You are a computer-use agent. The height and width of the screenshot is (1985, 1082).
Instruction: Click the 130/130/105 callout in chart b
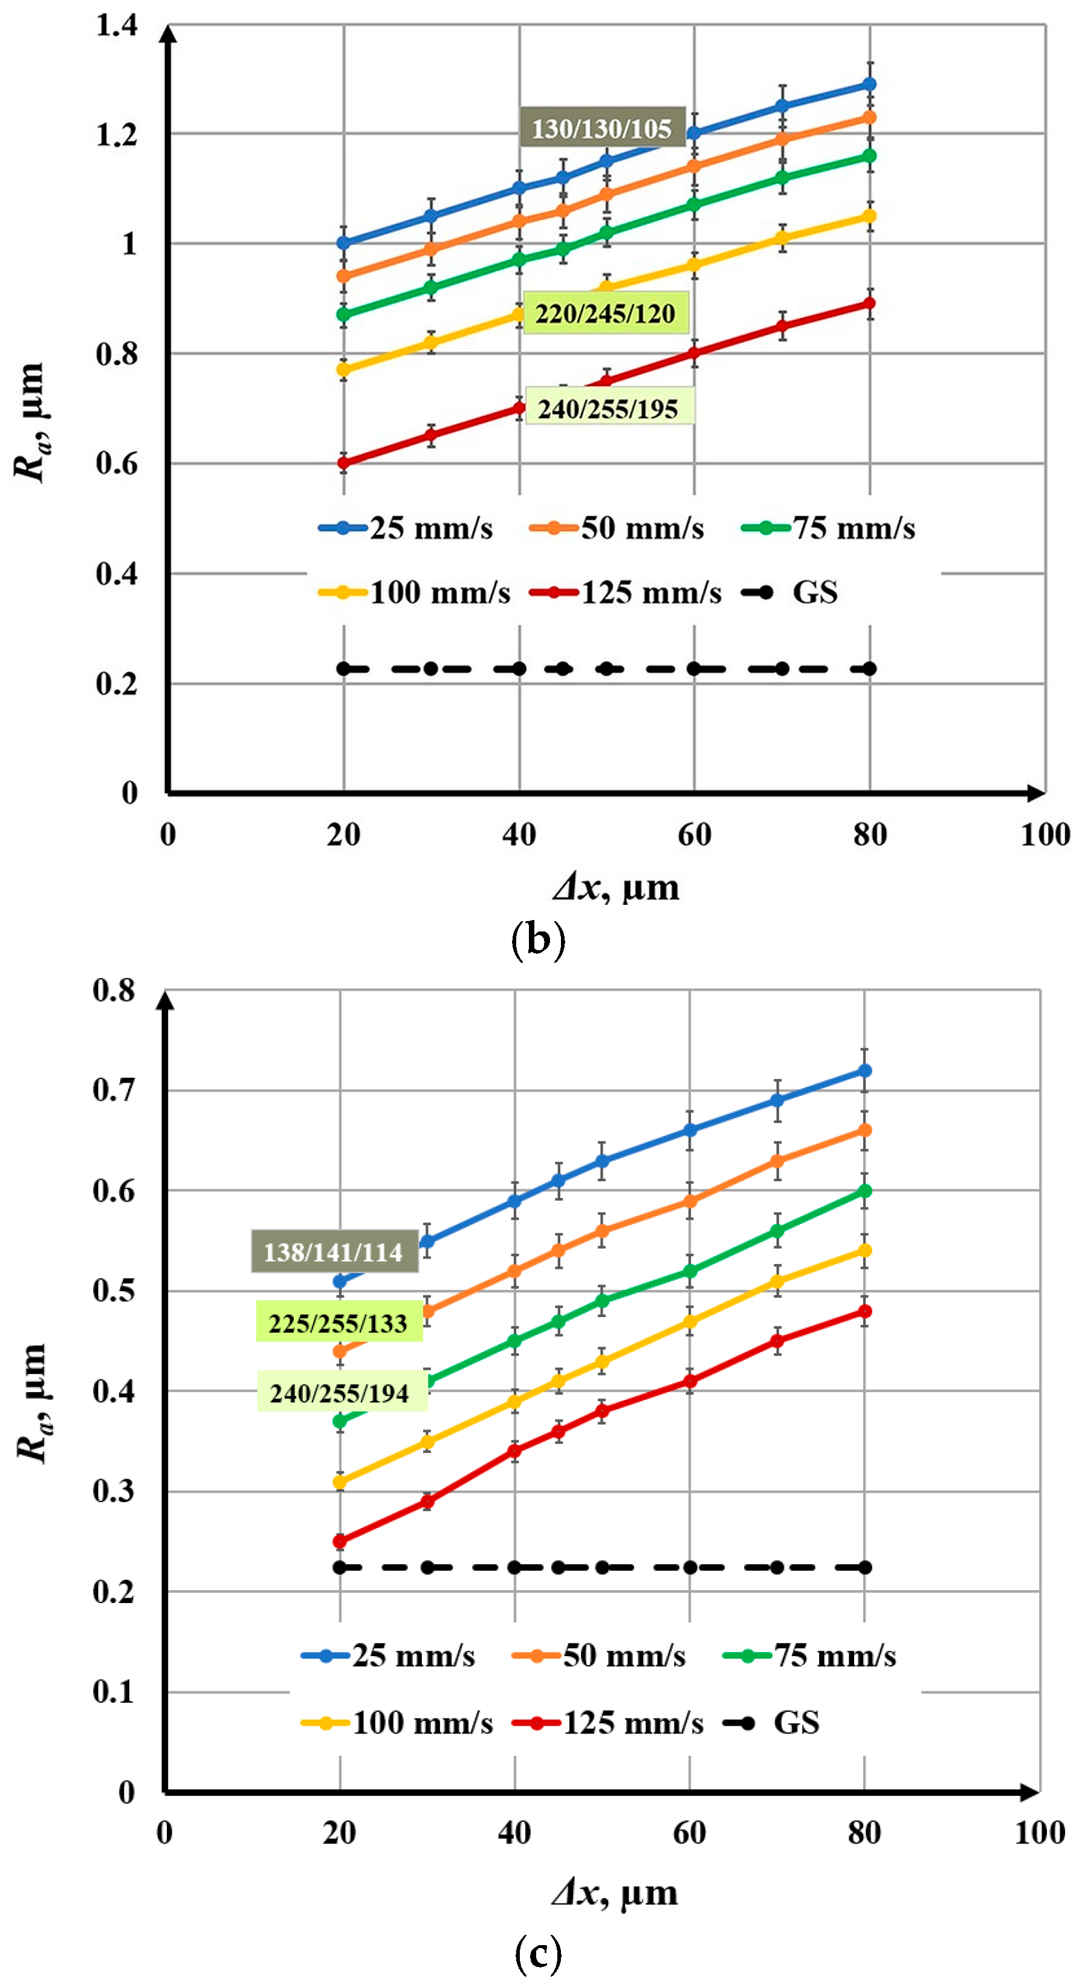(x=602, y=127)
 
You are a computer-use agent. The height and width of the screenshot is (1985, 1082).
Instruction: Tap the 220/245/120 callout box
(x=605, y=313)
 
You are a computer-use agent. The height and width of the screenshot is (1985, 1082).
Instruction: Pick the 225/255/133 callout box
(x=339, y=1323)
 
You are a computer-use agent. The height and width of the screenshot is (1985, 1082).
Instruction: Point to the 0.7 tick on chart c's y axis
(x=114, y=1090)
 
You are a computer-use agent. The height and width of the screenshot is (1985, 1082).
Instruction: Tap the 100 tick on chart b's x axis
(x=1045, y=835)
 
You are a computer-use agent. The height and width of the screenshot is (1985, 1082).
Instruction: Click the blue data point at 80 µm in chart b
(x=869, y=84)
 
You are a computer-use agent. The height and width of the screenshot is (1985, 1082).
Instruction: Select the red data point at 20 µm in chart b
(x=344, y=462)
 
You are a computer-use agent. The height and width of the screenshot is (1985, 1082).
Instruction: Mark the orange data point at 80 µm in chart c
(x=864, y=1130)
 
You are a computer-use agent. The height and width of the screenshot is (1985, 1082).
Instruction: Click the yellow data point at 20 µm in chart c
(x=340, y=1482)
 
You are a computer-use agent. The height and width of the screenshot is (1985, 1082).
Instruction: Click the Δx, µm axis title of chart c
(x=615, y=1893)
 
